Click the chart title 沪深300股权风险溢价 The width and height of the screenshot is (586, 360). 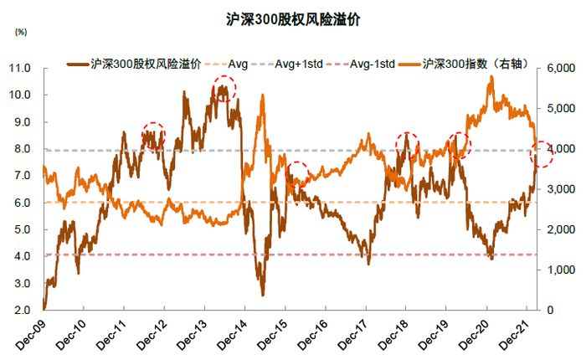click(x=293, y=19)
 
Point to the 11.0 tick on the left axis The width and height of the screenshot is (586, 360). click(x=20, y=68)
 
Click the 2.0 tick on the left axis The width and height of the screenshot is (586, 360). click(x=23, y=311)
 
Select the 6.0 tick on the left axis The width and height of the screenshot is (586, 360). click(x=23, y=203)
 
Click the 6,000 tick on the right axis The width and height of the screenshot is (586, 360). click(x=562, y=68)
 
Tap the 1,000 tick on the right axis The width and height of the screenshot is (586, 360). click(x=562, y=270)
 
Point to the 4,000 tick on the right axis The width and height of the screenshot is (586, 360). click(x=562, y=149)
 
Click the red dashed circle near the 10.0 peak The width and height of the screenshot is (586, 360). click(x=224, y=88)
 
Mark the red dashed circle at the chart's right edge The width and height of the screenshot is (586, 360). click(x=542, y=153)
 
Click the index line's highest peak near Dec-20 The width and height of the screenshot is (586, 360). click(x=491, y=77)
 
